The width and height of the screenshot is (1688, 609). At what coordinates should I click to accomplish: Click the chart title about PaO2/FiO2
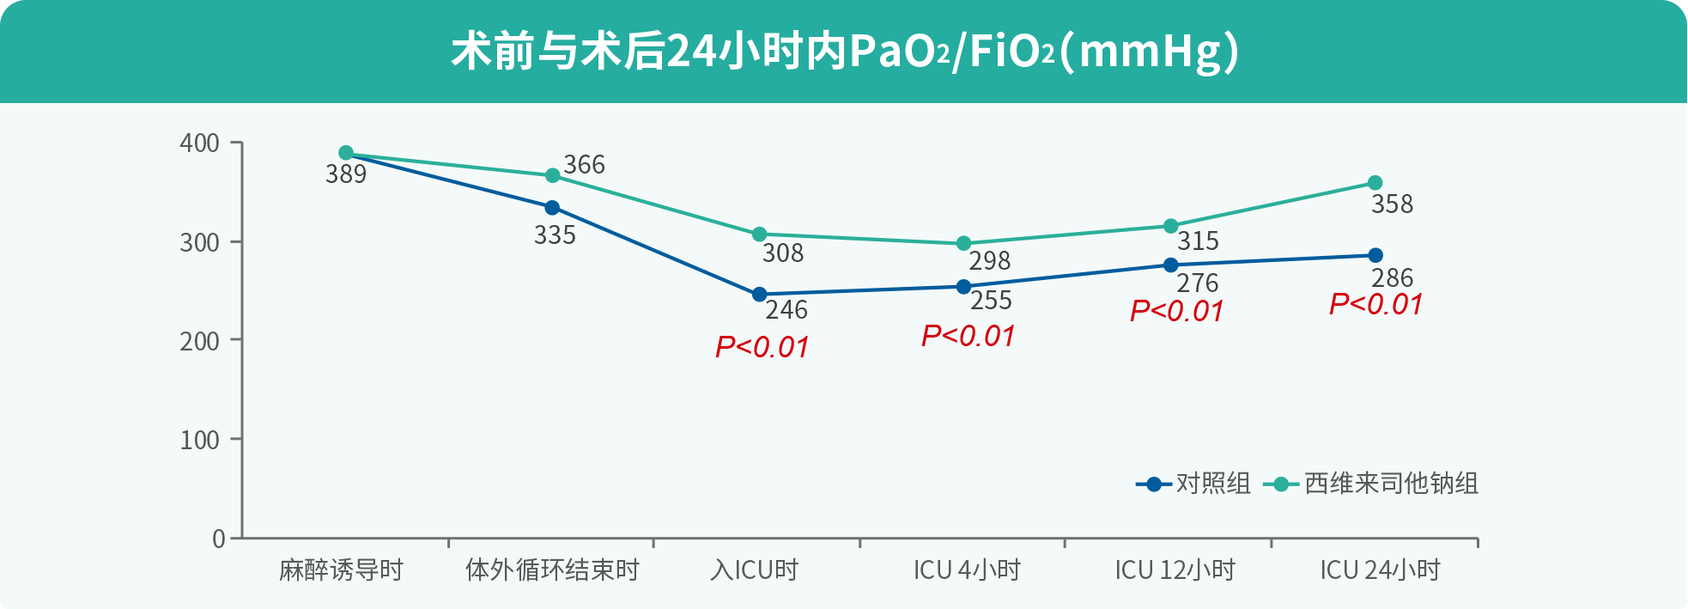tap(845, 52)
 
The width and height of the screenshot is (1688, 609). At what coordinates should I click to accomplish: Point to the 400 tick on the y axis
tap(199, 143)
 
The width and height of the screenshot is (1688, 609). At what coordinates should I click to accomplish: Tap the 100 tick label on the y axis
tap(199, 440)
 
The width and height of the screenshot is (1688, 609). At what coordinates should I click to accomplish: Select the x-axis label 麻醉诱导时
tap(341, 569)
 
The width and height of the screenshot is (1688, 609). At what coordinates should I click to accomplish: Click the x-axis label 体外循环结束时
tap(552, 569)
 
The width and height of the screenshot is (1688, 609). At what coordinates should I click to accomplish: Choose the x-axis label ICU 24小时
tap(1380, 569)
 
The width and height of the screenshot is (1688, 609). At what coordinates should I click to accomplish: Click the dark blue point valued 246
tap(759, 295)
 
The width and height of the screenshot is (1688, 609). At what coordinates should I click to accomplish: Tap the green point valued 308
tap(759, 234)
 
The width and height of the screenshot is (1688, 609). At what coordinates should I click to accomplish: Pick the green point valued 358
tap(1375, 183)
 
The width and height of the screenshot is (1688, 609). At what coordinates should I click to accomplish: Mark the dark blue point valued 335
tap(552, 208)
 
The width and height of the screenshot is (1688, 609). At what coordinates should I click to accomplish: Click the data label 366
tap(584, 164)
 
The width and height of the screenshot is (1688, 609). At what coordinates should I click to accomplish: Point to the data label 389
tap(346, 174)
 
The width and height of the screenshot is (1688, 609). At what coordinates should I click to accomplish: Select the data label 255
tap(991, 301)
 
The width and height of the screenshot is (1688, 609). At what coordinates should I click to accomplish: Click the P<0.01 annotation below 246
tap(762, 347)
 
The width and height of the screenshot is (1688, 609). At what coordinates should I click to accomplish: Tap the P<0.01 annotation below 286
tap(1376, 304)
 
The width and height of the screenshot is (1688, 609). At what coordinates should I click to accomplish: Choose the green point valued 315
tap(1170, 226)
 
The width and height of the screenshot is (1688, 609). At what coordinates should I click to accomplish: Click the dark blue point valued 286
tap(1375, 255)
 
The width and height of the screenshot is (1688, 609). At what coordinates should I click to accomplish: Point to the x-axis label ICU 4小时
tap(967, 569)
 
